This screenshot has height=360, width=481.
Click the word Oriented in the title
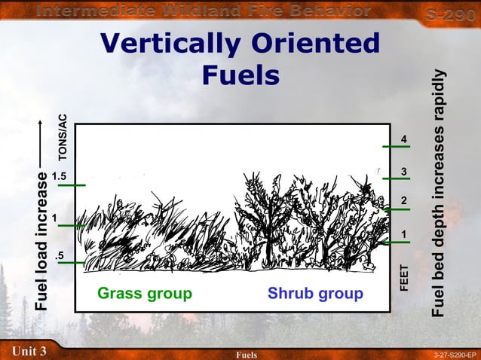coord(319,44)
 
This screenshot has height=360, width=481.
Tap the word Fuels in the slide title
coord(241,75)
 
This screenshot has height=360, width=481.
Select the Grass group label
coord(145,293)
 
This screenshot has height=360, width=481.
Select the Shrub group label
coord(315,293)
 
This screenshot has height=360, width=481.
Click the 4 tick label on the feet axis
coord(405,140)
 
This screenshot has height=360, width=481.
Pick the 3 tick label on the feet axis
coord(405,173)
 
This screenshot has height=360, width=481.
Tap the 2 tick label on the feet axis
coord(405,201)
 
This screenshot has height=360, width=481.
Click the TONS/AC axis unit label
coord(63,136)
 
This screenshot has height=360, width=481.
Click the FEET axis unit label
coord(403,277)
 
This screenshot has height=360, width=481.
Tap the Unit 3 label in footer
coord(29,351)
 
